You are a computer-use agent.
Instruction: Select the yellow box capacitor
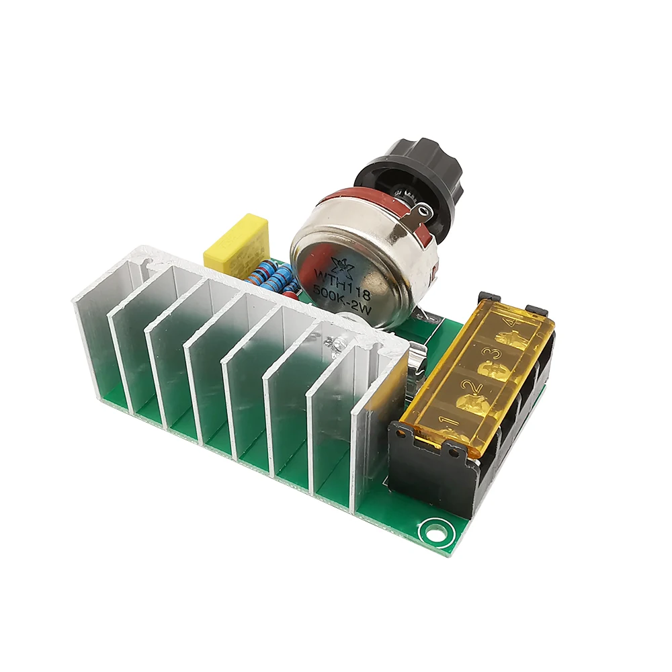pyautogui.click(x=237, y=243)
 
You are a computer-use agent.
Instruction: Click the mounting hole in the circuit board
pyautogui.click(x=433, y=532)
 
